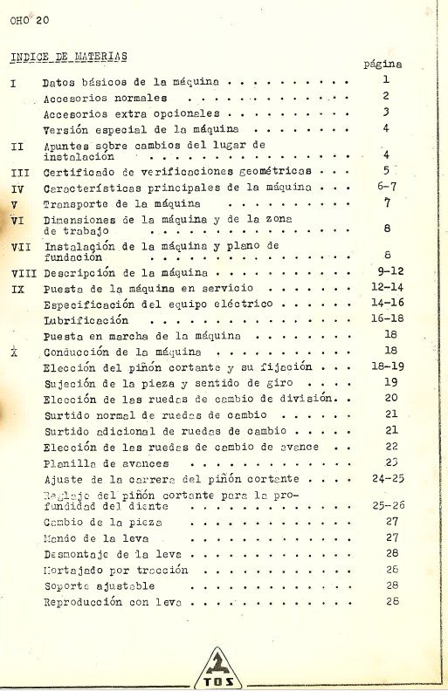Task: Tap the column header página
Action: (x=382, y=64)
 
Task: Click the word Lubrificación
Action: (x=80, y=319)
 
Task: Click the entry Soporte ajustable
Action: (x=93, y=585)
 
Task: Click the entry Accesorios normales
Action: (x=95, y=98)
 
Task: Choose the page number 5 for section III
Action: (x=384, y=171)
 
